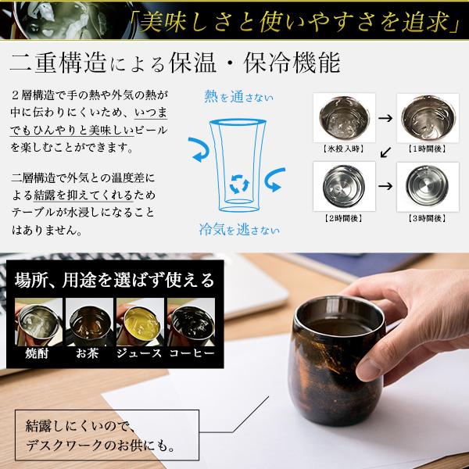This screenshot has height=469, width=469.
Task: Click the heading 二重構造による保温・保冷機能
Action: pyautogui.click(x=177, y=63)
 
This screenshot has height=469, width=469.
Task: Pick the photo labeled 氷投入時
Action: pyautogui.click(x=339, y=115)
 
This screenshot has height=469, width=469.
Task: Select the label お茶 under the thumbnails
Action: pyautogui.click(x=88, y=353)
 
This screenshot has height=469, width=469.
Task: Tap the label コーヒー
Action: pyautogui.click(x=191, y=353)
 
